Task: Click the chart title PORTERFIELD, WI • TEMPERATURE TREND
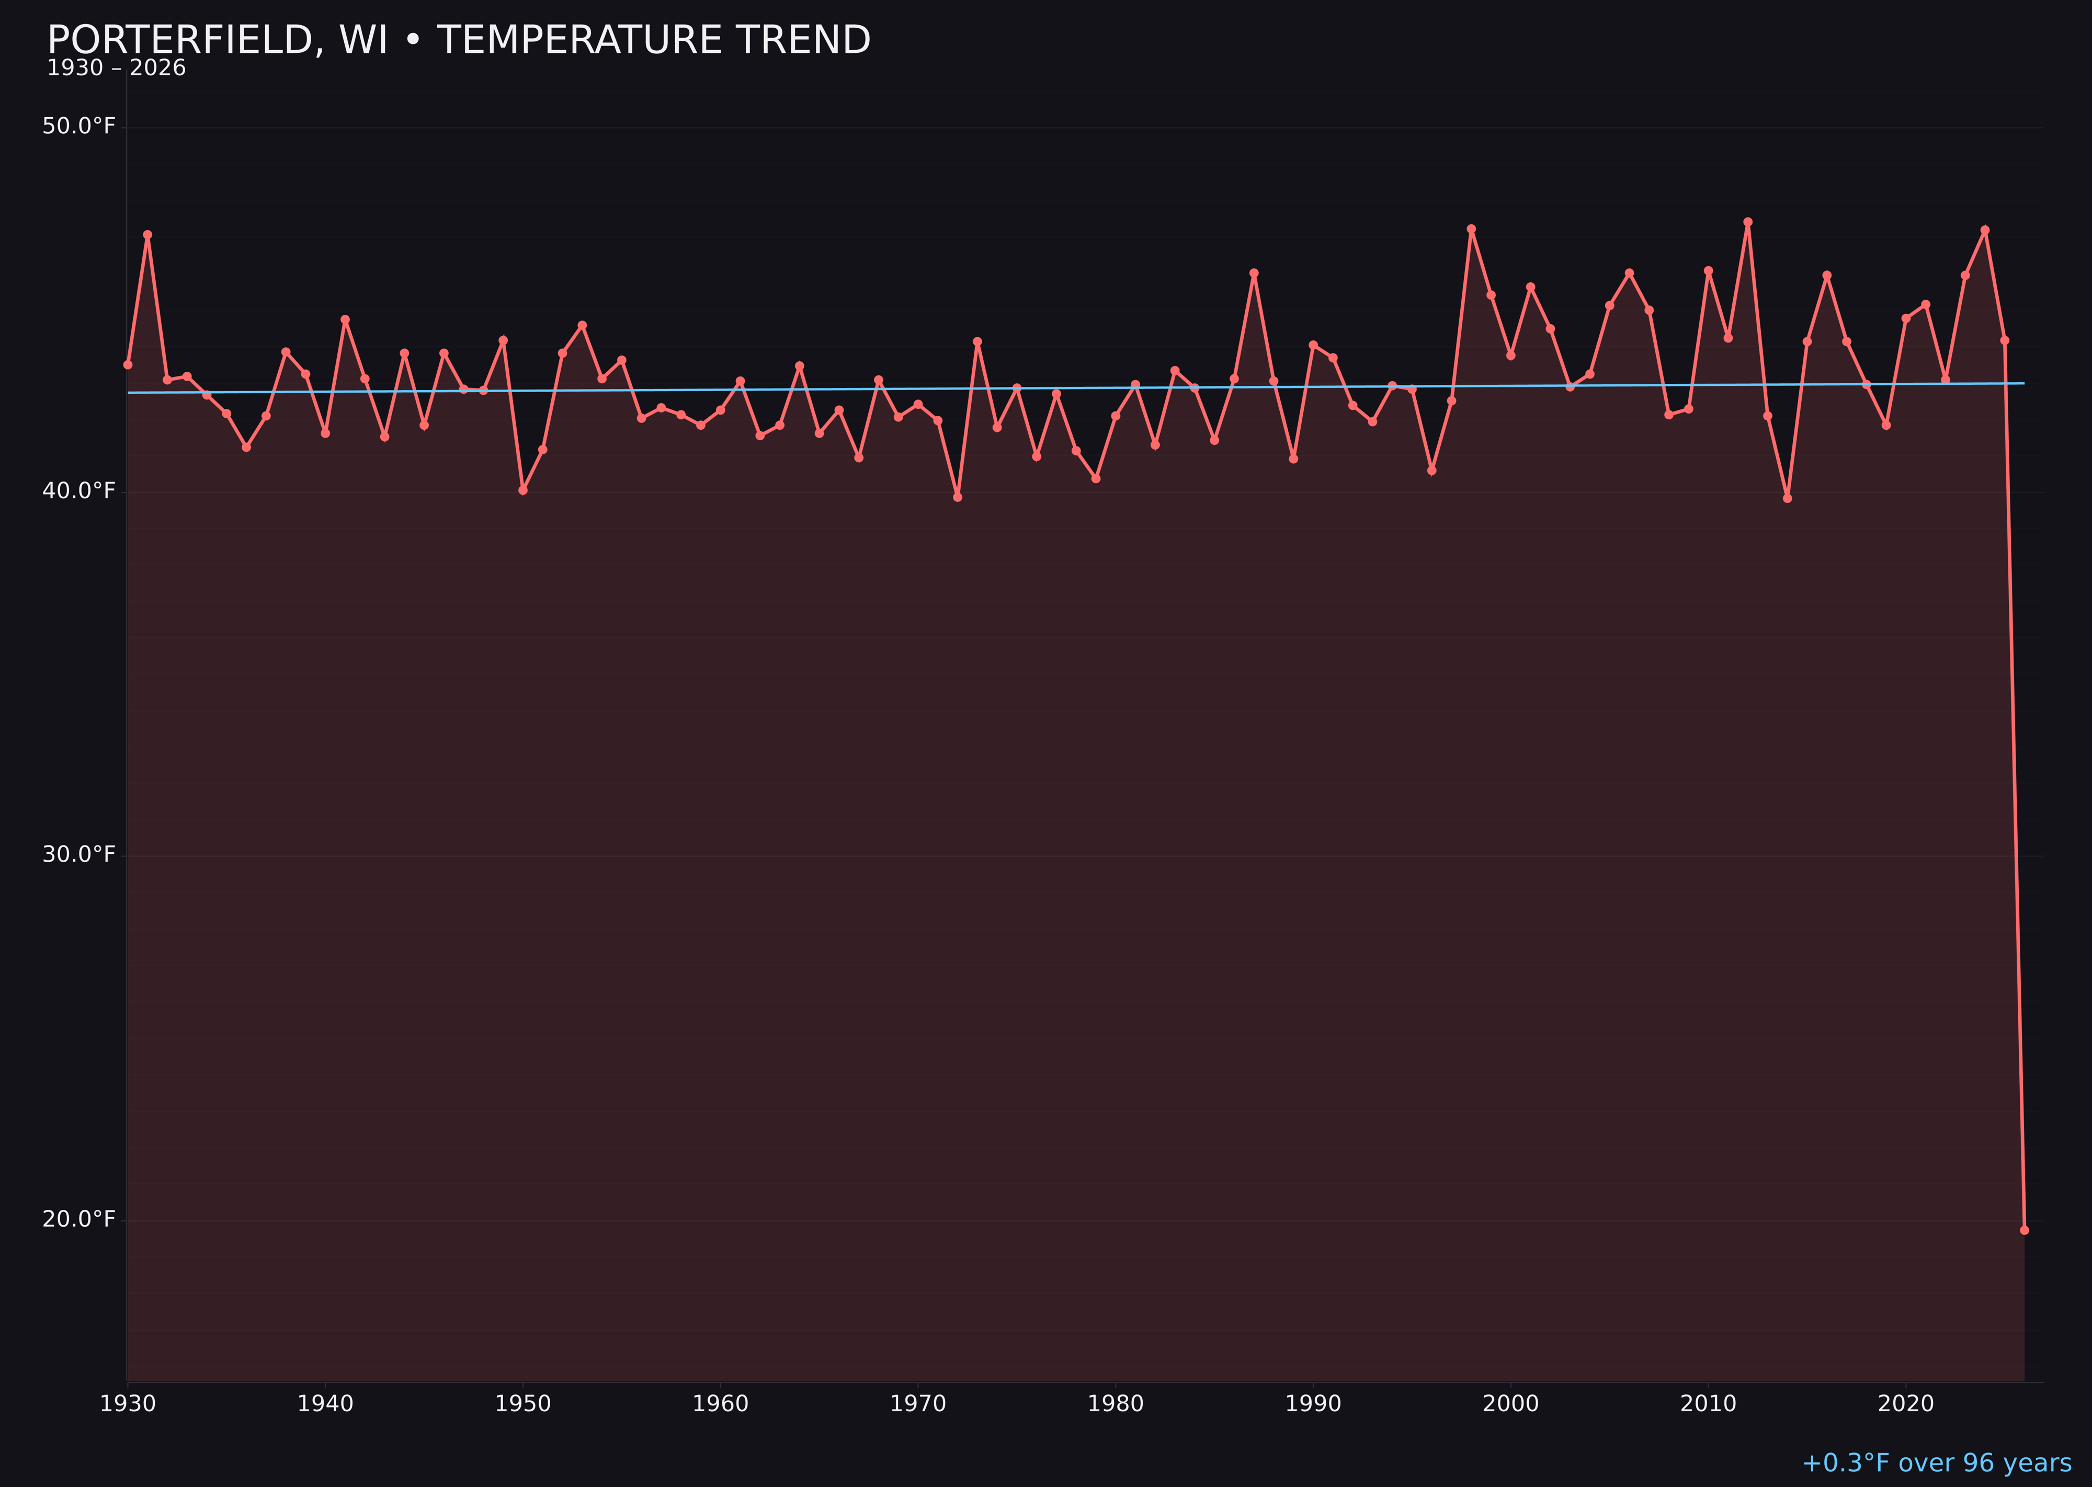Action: click(x=458, y=40)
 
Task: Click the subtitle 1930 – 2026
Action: click(x=116, y=68)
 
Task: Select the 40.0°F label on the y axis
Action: click(x=79, y=491)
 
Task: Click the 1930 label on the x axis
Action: click(x=127, y=1404)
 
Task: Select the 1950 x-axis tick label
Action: click(x=523, y=1404)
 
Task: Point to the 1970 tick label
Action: click(x=918, y=1404)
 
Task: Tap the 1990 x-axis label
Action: click(x=1313, y=1404)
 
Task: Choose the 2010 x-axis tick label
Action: click(x=1708, y=1404)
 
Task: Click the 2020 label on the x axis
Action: click(x=1906, y=1404)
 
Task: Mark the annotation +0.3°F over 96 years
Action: click(x=1936, y=1463)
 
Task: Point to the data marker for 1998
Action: click(x=1471, y=229)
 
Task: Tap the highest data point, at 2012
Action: click(x=1748, y=222)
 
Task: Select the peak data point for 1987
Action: click(x=1254, y=273)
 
